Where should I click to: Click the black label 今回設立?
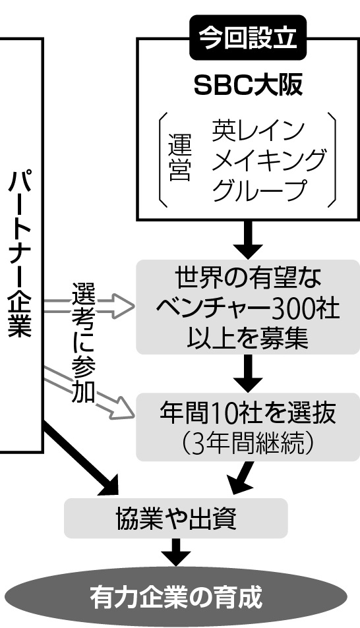[248, 38]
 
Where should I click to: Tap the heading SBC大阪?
[248, 85]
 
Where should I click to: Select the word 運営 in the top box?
[179, 157]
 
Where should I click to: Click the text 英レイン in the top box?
[258, 130]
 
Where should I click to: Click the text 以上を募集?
[248, 337]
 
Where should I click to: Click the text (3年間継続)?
[248, 442]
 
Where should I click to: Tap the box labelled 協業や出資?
[176, 518]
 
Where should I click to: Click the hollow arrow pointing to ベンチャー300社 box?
[88, 306]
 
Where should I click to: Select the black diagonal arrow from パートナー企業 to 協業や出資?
[80, 457]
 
